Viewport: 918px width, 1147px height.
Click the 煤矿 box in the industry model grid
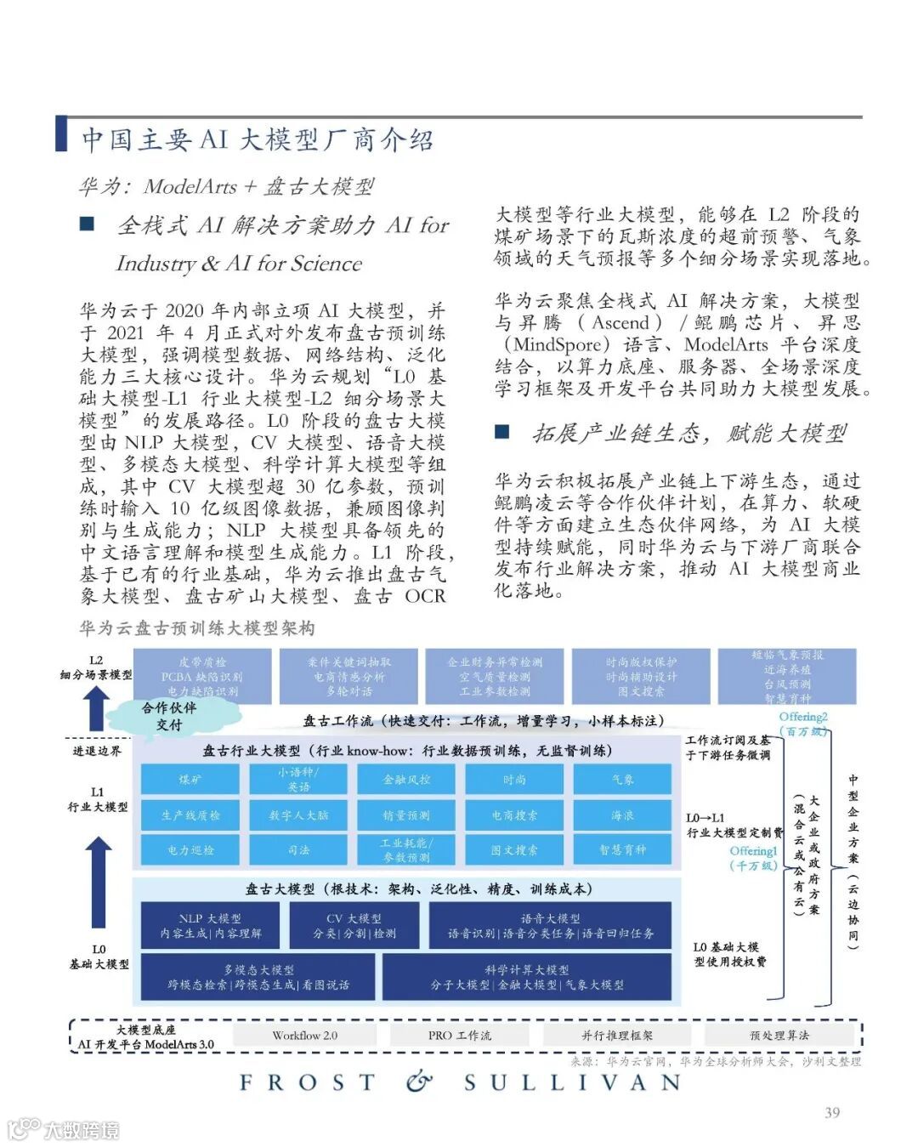pos(190,780)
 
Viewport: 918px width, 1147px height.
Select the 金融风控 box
pos(405,780)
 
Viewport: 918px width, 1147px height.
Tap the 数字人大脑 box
pos(297,815)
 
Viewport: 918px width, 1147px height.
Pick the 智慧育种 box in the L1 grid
pos(622,849)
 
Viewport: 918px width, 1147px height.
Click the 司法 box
pos(297,849)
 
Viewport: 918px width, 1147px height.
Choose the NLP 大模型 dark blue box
pos(211,925)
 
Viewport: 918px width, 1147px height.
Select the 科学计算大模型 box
pos(527,976)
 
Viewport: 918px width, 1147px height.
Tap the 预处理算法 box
pos(779,1035)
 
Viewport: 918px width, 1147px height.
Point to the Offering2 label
pos(802,717)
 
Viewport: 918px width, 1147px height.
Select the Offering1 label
pos(753,851)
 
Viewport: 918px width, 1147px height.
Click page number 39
pos(832,1112)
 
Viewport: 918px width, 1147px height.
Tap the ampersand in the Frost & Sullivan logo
pos(418,1082)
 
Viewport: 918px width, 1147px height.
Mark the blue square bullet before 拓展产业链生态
pos(502,432)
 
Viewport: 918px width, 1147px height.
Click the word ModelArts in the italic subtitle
pos(190,186)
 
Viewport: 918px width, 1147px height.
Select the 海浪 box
pos(622,815)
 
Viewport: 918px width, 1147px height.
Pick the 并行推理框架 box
pos(617,1035)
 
